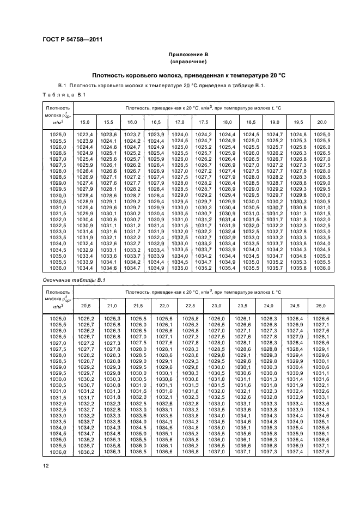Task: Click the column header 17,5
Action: pos(203,122)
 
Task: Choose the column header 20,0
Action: pos(322,122)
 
